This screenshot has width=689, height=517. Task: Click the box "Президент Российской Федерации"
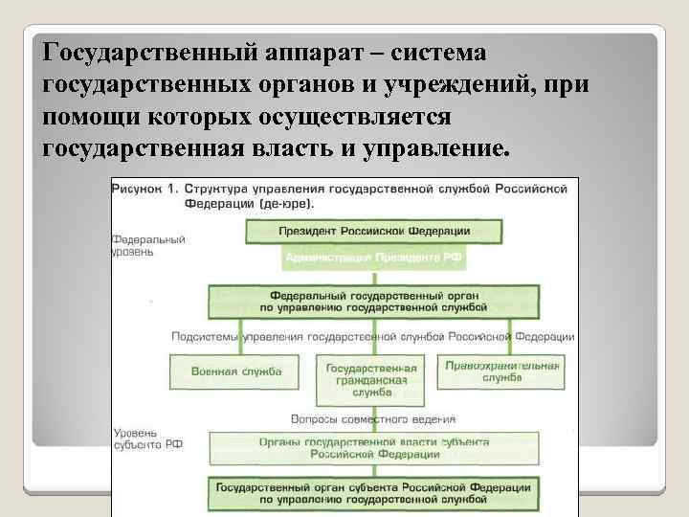pos(373,231)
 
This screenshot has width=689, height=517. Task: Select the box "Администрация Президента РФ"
pos(373,258)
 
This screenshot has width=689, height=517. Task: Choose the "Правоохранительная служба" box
pos(501,371)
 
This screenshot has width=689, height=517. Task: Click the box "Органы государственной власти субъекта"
pos(373,448)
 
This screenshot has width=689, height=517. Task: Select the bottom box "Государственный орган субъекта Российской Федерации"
pos(373,492)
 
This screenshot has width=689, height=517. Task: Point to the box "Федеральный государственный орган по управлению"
pos(373,302)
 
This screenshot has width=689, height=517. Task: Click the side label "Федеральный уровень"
pos(147,244)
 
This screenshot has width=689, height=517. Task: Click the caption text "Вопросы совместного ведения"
pos(373,418)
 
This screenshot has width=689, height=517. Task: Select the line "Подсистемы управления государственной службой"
pos(373,337)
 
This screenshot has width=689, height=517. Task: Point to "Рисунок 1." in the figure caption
pos(144,189)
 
